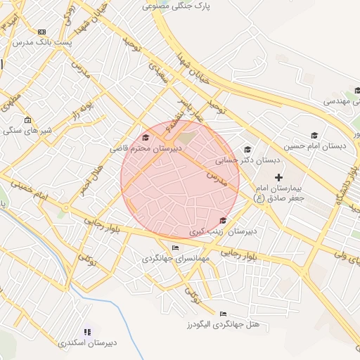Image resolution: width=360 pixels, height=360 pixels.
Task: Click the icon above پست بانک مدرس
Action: (x=41, y=32)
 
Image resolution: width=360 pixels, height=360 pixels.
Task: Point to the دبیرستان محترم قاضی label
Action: (x=146, y=148)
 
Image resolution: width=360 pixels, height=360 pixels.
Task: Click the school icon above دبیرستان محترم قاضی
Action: (x=146, y=138)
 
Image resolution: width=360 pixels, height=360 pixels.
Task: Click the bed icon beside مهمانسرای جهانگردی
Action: (x=175, y=247)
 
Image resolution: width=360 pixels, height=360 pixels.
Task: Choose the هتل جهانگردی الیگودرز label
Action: (x=224, y=324)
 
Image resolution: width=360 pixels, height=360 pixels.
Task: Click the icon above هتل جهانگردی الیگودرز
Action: (x=224, y=314)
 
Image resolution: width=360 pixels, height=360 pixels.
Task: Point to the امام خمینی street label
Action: (x=32, y=191)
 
